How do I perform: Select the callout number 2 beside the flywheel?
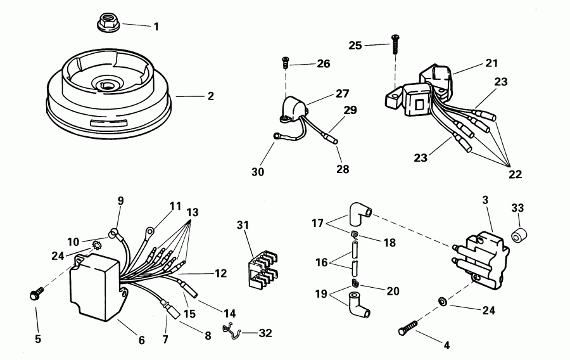pos(210,96)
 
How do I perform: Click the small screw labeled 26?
pos(285,63)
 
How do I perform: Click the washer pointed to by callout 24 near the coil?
pos(442,300)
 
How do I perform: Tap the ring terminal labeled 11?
pos(150,232)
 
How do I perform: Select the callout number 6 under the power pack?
pos(141,340)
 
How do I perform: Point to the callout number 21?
pos(491,63)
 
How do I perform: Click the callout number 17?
pos(318,222)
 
